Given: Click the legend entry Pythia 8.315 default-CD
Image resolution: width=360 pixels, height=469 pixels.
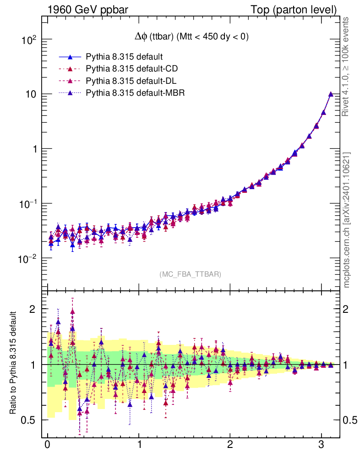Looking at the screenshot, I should [x=131, y=69].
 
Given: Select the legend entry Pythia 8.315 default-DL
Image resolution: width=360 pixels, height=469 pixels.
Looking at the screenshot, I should [x=131, y=81].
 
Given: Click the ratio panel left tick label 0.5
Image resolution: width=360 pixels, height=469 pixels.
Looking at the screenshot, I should [x=28, y=420].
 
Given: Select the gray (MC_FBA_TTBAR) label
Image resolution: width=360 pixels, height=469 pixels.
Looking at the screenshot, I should [x=190, y=274].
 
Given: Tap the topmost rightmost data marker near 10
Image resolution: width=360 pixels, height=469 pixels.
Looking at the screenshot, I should [x=331, y=94].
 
